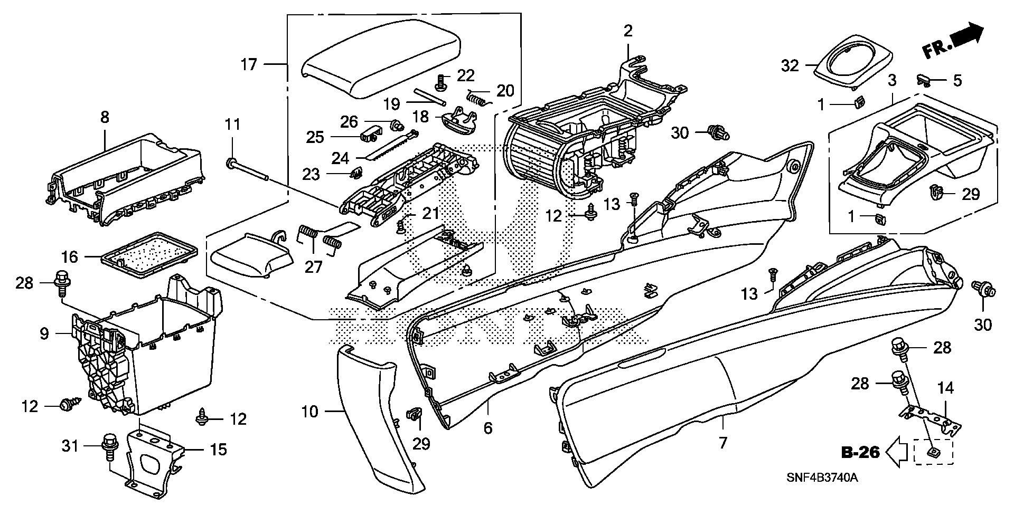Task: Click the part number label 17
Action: [x=248, y=64]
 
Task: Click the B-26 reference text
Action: [x=859, y=452]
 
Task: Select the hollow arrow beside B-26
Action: [x=896, y=452]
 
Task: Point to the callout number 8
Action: [x=105, y=117]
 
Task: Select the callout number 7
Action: [x=722, y=442]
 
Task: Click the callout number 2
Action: [x=627, y=31]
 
